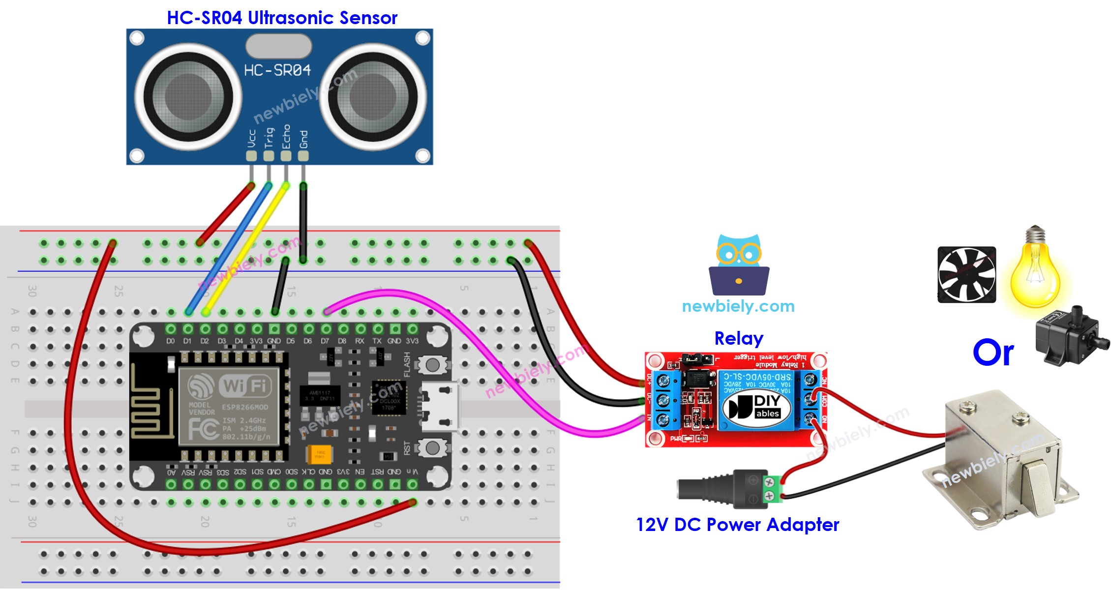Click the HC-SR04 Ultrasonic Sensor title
pos(282,18)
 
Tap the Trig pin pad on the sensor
pos(269,156)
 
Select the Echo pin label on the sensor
pos(286,137)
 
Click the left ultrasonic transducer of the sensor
pos(188,96)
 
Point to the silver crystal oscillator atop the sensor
pos(278,47)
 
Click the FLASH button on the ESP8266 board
pos(432,365)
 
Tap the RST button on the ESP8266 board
pos(432,448)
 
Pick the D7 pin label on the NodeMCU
pos(325,341)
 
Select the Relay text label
pos(739,338)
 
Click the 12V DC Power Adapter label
pos(737,525)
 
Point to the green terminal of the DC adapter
pos(772,489)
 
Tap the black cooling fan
pos(966,274)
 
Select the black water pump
pos(1070,337)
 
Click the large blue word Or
pos(993,353)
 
